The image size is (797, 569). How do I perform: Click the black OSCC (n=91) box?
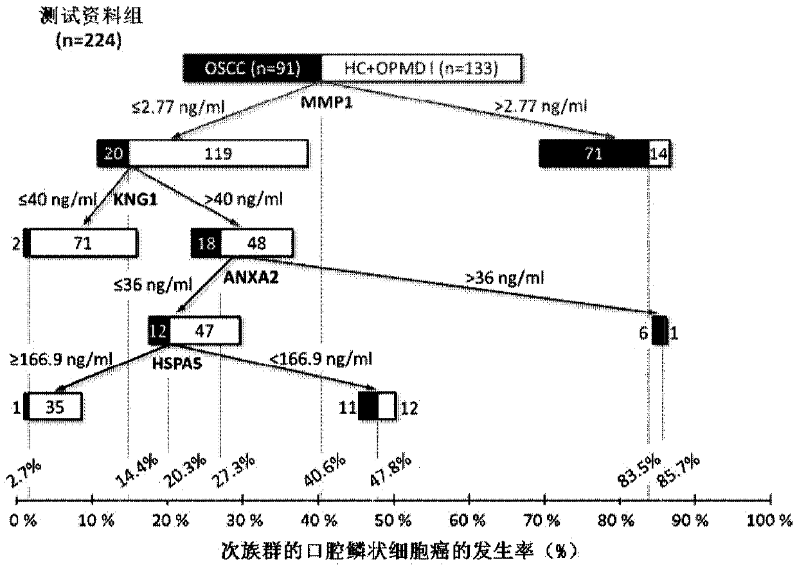point(252,69)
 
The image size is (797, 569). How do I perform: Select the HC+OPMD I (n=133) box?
point(421,69)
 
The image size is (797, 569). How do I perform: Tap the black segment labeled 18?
point(206,242)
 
